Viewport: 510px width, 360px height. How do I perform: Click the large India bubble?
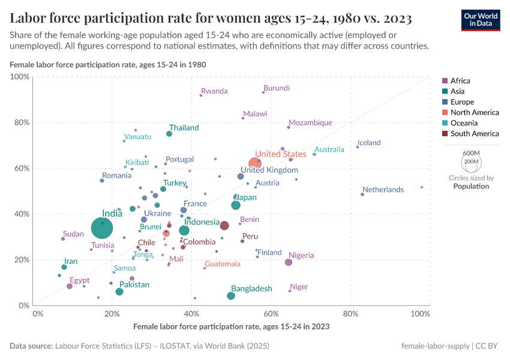(x=103, y=228)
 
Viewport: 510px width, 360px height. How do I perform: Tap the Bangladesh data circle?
(x=231, y=296)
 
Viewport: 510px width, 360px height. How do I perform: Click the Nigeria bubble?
(x=289, y=262)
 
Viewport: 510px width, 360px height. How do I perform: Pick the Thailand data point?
(x=169, y=134)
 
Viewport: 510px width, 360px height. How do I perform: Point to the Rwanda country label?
(x=214, y=91)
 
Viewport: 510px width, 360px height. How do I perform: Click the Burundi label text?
(x=277, y=88)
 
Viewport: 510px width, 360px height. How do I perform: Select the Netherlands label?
(x=383, y=190)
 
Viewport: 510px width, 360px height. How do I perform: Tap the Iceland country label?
(x=369, y=143)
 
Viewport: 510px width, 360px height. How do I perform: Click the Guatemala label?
(x=222, y=264)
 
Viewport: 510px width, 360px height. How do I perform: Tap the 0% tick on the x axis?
(x=37, y=313)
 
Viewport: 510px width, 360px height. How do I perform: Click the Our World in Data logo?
(x=482, y=20)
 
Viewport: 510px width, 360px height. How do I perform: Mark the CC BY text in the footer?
(x=490, y=346)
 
